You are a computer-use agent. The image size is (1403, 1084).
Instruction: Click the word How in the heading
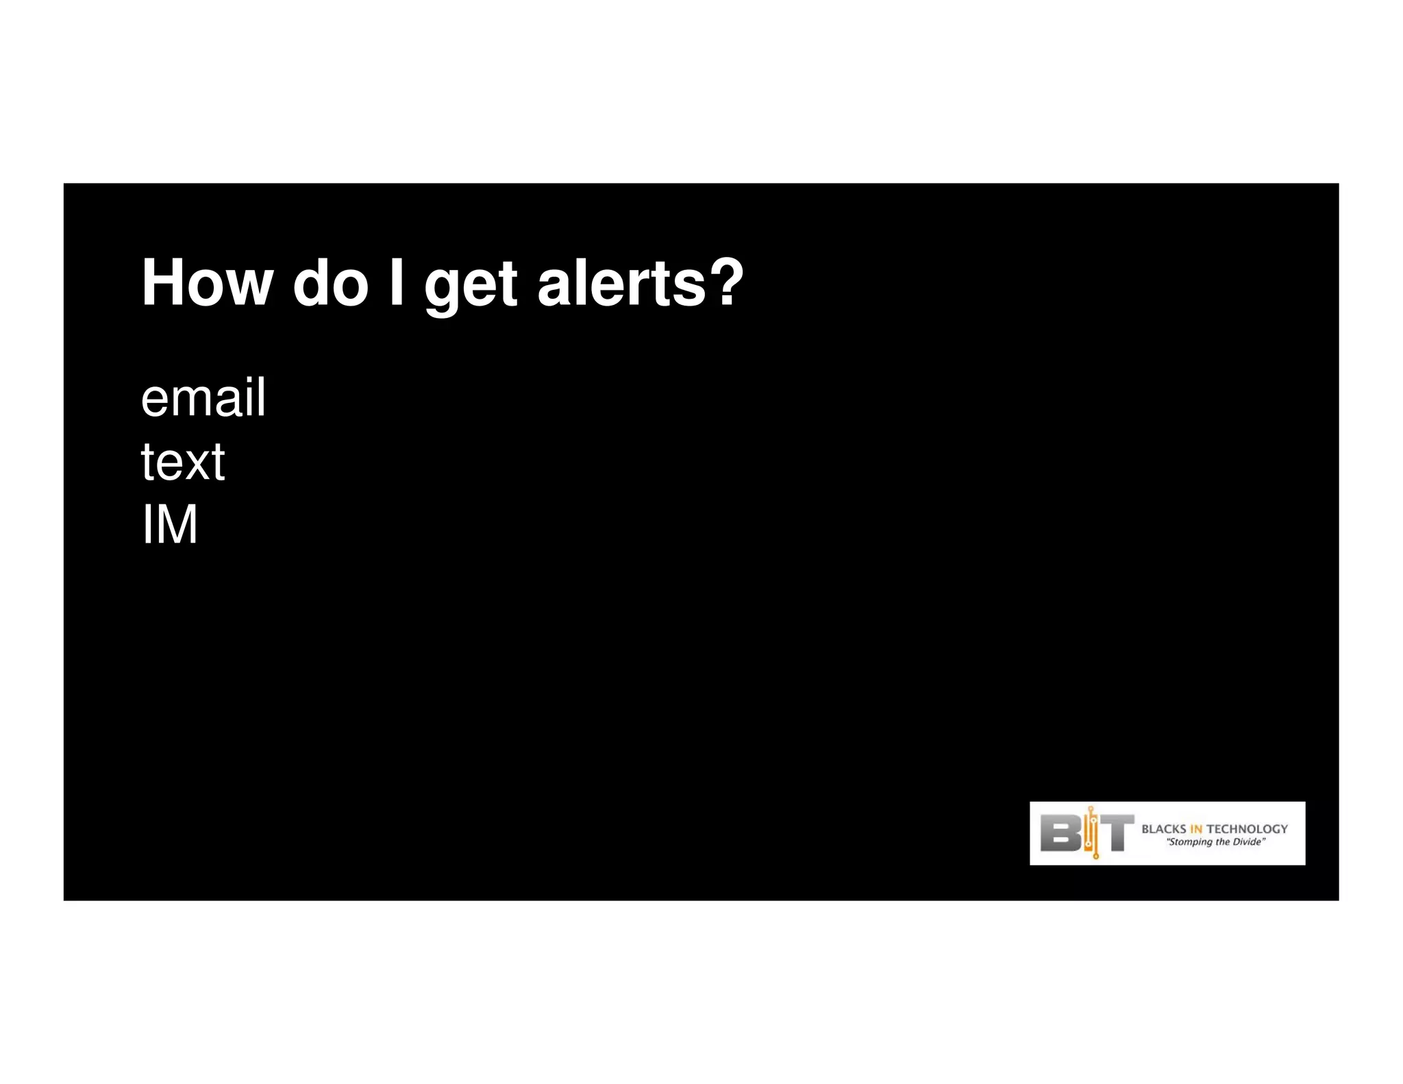[x=206, y=283]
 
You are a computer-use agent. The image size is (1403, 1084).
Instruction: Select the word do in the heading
[x=331, y=283]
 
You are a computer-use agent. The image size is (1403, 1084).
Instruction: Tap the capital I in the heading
[x=397, y=283]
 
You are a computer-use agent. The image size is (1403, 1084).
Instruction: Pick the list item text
[x=182, y=462]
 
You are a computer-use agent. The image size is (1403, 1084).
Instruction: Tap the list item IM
[x=169, y=524]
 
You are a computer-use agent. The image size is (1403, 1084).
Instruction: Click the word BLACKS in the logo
[x=1163, y=828]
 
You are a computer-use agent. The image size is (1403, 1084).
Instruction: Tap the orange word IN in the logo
[x=1196, y=828]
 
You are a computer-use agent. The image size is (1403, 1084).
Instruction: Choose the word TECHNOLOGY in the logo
[x=1247, y=828]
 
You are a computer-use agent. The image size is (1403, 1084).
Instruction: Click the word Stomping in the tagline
[x=1189, y=842]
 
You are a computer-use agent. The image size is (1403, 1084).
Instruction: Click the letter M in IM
[x=178, y=524]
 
